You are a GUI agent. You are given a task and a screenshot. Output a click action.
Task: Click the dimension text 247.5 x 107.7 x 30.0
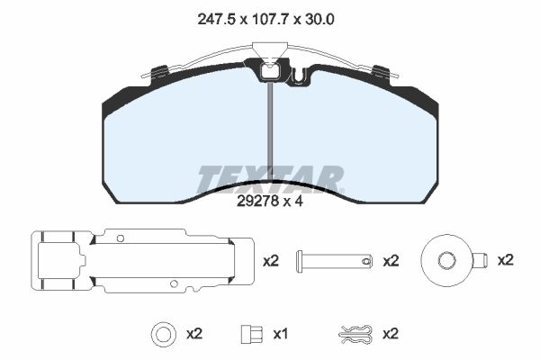265,20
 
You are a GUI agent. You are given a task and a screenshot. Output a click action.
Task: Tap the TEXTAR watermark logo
270,179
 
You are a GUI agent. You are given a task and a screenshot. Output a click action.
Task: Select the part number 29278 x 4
270,202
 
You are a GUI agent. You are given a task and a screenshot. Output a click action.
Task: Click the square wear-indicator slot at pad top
271,72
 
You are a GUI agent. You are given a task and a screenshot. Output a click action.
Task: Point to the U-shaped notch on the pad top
300,77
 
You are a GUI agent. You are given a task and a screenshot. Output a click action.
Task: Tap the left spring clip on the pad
158,72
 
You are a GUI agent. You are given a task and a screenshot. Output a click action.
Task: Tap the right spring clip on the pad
382,72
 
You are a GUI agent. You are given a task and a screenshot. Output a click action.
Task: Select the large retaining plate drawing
142,261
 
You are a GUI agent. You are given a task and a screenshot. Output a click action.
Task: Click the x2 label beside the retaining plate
271,261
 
